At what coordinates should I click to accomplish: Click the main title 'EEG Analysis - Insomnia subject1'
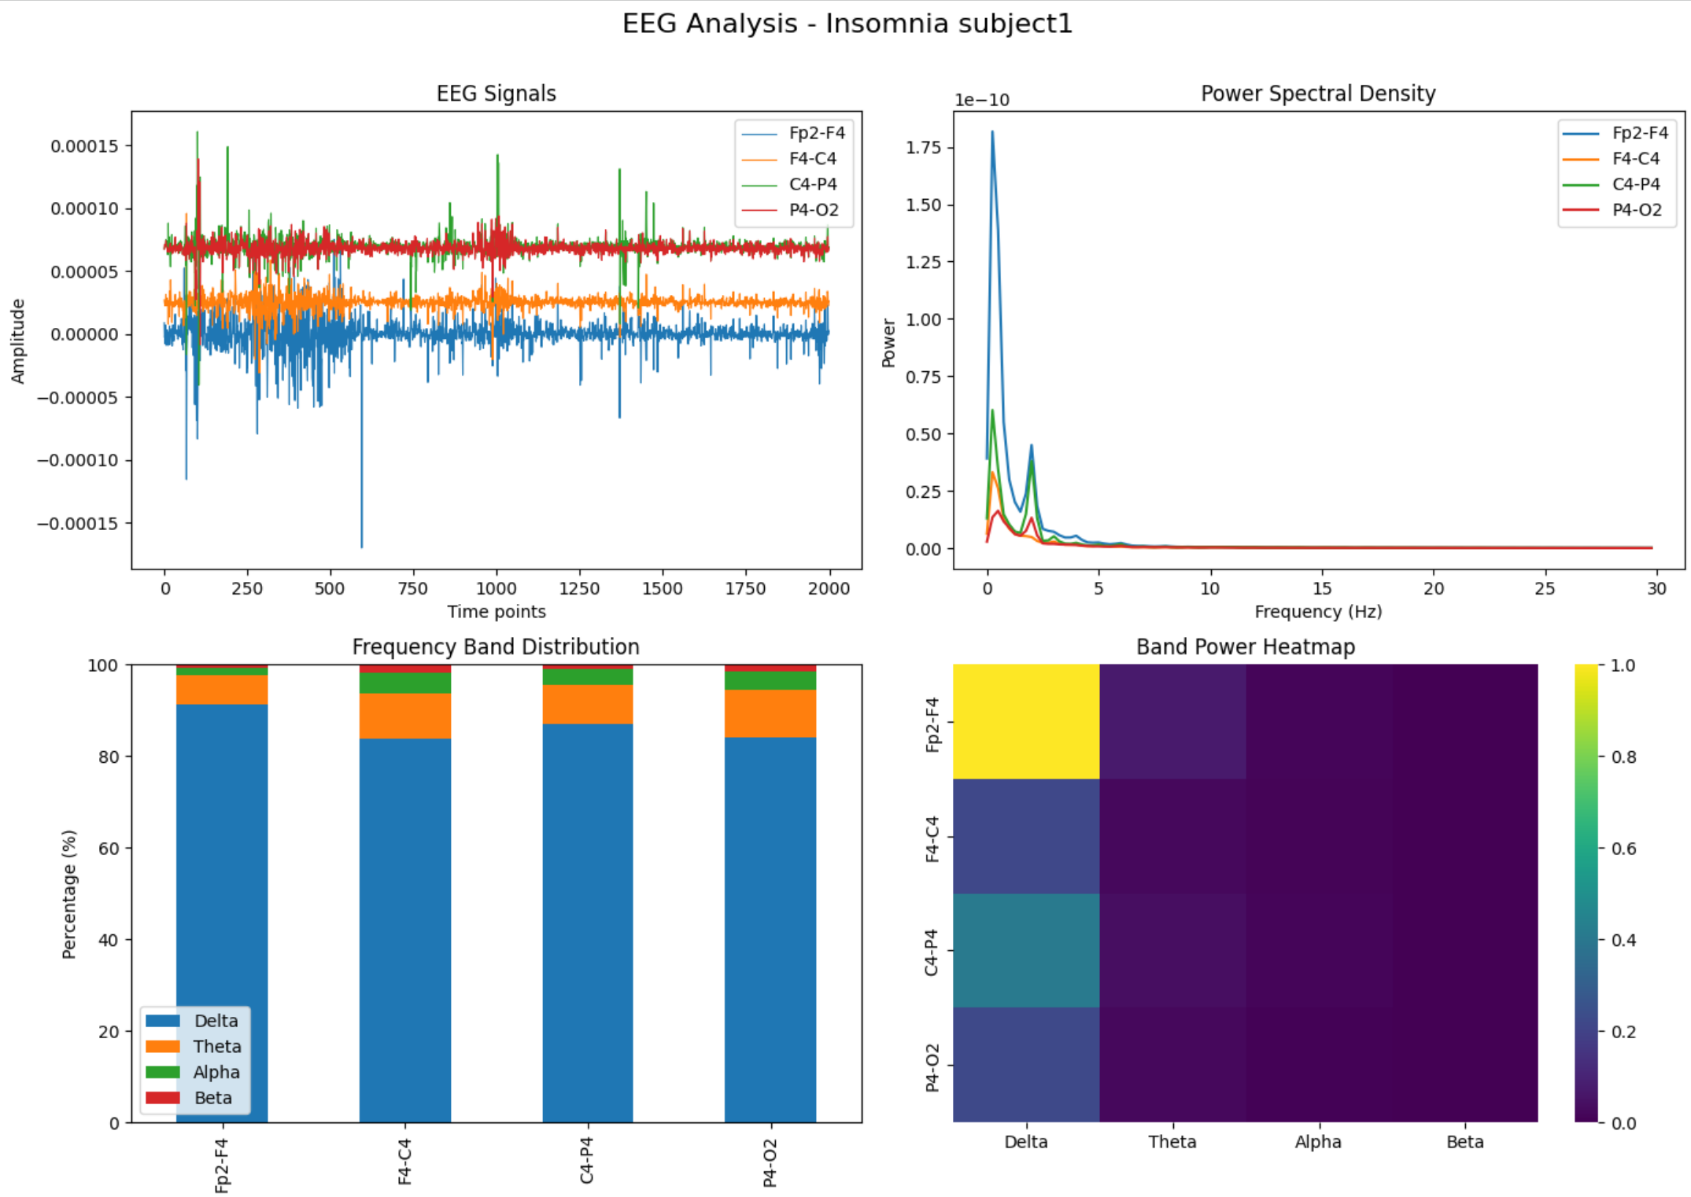click(847, 24)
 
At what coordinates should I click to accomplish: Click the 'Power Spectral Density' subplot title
click(1317, 94)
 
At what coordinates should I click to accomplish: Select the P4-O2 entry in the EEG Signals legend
click(813, 210)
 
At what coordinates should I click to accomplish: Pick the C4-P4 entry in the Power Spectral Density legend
click(1635, 184)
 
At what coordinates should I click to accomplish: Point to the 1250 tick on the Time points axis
click(579, 588)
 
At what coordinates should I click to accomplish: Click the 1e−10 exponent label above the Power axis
click(981, 100)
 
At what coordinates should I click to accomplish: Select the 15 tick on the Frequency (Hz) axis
click(1322, 588)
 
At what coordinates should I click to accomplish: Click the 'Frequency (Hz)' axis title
click(1317, 612)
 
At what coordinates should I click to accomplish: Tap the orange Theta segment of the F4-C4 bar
click(404, 716)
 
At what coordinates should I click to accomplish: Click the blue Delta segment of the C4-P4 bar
click(587, 920)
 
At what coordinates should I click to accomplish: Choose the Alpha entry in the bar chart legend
click(216, 1072)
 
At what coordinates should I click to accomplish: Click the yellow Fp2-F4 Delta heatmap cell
click(1025, 721)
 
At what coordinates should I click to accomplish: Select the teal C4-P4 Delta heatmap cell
click(1025, 950)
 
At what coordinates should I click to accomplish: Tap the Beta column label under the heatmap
click(1464, 1142)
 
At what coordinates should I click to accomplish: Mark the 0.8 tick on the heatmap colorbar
click(1623, 757)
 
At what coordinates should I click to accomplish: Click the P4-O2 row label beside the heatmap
click(932, 1066)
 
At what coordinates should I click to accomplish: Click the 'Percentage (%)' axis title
click(69, 893)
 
